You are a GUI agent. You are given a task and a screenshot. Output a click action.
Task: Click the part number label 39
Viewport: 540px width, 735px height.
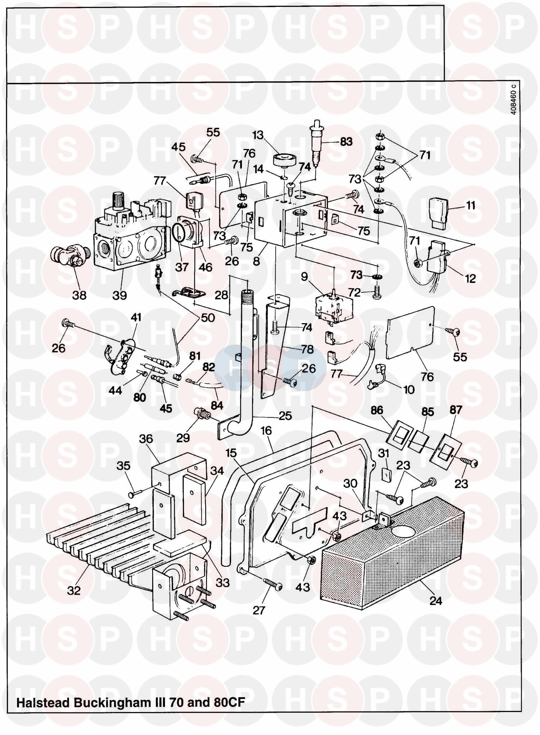tap(120, 295)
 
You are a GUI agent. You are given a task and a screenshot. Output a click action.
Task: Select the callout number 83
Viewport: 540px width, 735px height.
tap(346, 141)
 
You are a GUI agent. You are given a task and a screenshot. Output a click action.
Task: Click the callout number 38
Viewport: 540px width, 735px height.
tap(79, 295)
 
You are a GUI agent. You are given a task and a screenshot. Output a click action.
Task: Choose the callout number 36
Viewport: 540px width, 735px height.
tap(146, 439)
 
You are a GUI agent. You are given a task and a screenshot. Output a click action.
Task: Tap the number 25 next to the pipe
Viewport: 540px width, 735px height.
tap(285, 416)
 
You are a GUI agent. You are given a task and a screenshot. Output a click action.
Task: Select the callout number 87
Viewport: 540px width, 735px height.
tap(455, 410)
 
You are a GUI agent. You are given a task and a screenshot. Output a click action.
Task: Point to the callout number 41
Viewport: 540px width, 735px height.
tap(136, 317)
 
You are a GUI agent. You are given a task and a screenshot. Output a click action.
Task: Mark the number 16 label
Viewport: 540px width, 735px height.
tap(266, 430)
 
